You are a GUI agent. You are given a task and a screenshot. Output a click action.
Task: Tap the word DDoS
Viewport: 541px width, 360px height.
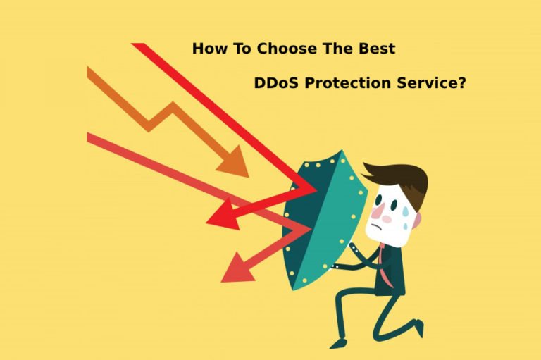[278, 83]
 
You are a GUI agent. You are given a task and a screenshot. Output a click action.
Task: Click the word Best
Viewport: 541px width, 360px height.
[373, 49]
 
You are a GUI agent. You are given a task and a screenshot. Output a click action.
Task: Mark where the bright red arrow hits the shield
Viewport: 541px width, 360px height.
[314, 189]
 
